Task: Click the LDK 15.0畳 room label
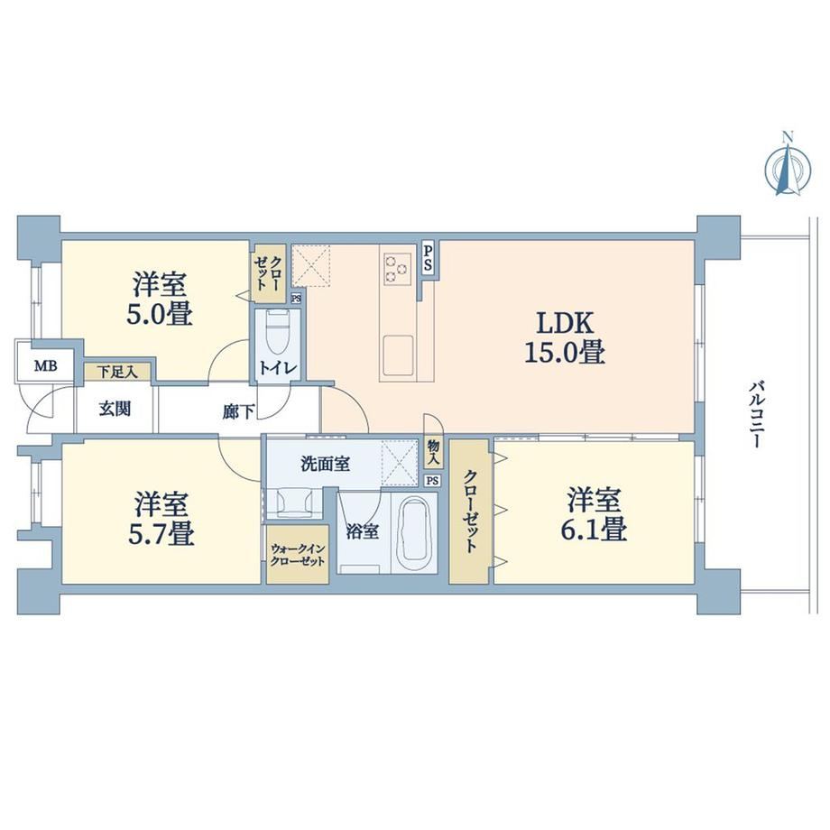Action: [565, 337]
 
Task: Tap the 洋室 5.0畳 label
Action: [159, 299]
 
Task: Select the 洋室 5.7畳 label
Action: [161, 518]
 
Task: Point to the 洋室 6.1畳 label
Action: [594, 514]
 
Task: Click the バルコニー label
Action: [756, 413]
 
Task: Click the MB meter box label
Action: [45, 365]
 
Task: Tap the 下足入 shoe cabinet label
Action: [117, 372]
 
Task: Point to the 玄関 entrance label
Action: [115, 410]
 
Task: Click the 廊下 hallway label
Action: [238, 411]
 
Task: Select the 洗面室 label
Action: [325, 465]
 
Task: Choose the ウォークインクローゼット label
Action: [297, 555]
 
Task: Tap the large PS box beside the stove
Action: [428, 258]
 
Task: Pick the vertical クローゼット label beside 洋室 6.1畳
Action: [469, 511]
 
